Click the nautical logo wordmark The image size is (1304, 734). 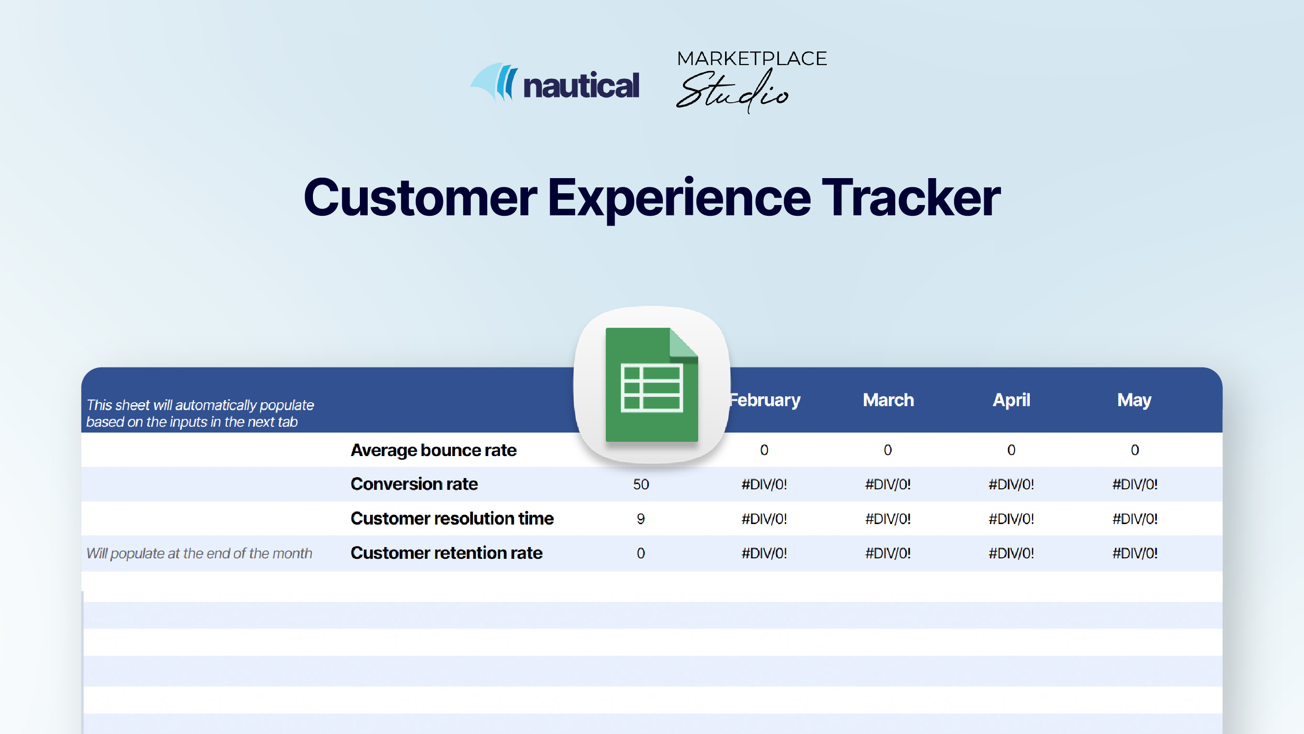pos(581,86)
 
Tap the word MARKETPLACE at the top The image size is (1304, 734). pos(751,59)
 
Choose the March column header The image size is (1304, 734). pos(888,400)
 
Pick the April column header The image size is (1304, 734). pos(1011,400)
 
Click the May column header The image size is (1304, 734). pos(1134,400)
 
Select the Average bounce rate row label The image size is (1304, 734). pos(433,450)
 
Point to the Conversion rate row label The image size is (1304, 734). pos(414,484)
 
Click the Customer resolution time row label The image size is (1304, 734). pos(452,519)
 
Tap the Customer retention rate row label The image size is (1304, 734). pos(446,553)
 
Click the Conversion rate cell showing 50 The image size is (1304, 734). pos(641,485)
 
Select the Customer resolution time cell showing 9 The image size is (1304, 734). pos(641,519)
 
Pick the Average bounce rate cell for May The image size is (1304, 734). pos(1134,450)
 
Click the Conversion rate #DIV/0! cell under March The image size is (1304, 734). pos(888,485)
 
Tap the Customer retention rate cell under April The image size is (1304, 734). pos(1011,553)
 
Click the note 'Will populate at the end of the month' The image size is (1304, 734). pos(199,553)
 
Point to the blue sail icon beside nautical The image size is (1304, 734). pos(494,82)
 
